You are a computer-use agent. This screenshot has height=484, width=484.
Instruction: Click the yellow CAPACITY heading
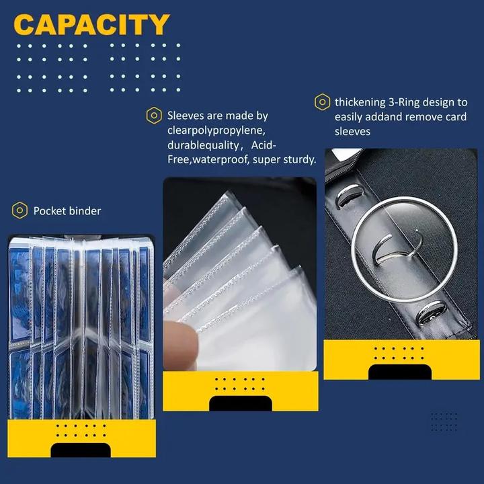point(91,24)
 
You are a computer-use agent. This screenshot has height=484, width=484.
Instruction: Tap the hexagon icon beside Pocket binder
point(19,210)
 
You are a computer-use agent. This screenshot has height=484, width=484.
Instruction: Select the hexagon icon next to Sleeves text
point(154,116)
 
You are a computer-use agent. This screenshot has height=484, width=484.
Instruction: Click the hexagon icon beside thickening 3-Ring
point(322,102)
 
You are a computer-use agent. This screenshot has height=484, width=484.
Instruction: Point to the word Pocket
point(49,211)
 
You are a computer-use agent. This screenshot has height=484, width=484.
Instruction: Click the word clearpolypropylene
point(216,130)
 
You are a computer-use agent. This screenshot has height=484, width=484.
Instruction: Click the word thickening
point(360,102)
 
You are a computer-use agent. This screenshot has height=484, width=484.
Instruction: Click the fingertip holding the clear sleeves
point(180,344)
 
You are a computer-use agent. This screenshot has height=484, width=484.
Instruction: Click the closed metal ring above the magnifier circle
point(348,195)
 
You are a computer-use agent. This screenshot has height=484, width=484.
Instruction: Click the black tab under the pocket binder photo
point(81,450)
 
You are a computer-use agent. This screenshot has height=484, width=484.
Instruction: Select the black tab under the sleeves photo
point(241,403)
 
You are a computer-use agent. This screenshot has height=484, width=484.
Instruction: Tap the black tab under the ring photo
point(400,372)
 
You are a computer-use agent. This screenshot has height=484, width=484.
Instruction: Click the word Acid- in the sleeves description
point(264,145)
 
